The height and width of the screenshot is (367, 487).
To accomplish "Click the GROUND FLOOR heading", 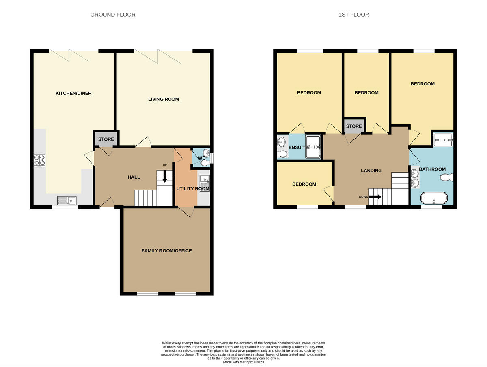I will [x=112, y=15].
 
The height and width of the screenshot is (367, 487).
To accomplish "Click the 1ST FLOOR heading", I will [x=353, y=15].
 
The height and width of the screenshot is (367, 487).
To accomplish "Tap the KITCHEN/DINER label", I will [x=73, y=93].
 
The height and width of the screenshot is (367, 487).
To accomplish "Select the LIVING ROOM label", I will [x=163, y=99].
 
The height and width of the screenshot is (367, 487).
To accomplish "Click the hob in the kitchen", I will [x=40, y=160].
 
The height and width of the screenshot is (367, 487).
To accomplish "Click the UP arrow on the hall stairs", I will [x=164, y=176].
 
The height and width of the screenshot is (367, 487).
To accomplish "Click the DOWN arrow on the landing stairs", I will [x=375, y=197].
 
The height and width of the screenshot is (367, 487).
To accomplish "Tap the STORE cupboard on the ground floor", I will [x=106, y=139].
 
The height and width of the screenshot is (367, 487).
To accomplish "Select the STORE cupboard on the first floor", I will [x=354, y=126].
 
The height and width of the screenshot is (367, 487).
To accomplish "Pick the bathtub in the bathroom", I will [x=434, y=198].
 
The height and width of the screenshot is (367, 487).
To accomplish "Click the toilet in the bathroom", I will [x=447, y=177].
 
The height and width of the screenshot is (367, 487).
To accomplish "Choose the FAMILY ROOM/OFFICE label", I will [x=166, y=251].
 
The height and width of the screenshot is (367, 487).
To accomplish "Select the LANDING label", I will [x=371, y=171].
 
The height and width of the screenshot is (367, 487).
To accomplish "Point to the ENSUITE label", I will [x=298, y=147].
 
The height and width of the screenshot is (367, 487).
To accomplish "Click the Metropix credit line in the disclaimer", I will [x=243, y=362].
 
